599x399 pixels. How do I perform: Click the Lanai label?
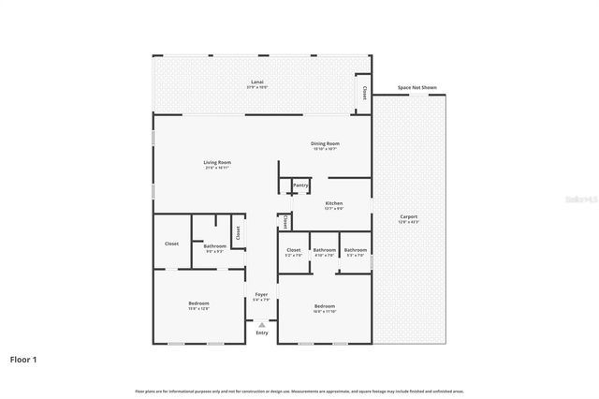tap(256, 82)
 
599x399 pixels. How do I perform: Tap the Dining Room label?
tap(325, 143)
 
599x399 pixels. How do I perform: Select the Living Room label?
tap(217, 162)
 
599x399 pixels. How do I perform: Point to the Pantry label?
tap(300, 185)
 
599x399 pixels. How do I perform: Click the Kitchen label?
tap(333, 203)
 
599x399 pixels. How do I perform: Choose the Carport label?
tap(409, 216)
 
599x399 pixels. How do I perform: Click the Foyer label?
tap(261, 295)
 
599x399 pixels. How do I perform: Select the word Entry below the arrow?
tap(261, 332)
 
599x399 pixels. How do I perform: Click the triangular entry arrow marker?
tap(261, 324)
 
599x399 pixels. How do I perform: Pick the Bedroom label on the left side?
tap(198, 303)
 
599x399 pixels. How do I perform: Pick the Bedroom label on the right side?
tap(325, 306)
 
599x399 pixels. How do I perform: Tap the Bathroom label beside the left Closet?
tap(214, 246)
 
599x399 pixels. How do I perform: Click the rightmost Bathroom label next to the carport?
tap(355, 250)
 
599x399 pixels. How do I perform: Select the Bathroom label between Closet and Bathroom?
tap(325, 250)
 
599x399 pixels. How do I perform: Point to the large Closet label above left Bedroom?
tap(171, 244)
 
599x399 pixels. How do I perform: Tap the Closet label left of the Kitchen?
tap(285, 222)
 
